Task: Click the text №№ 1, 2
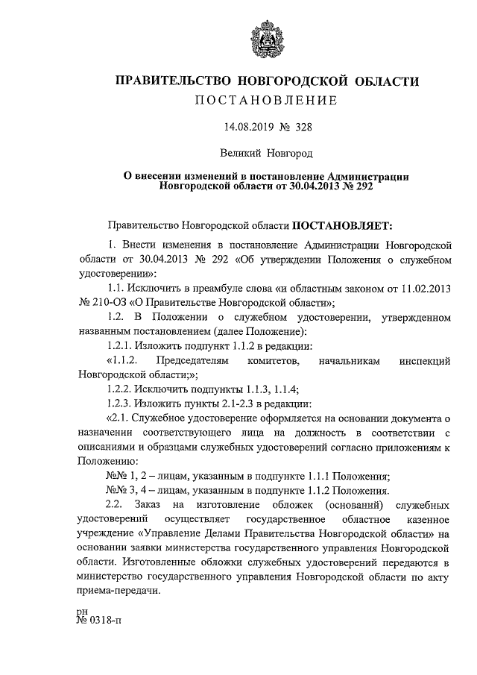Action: [x=124, y=475]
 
